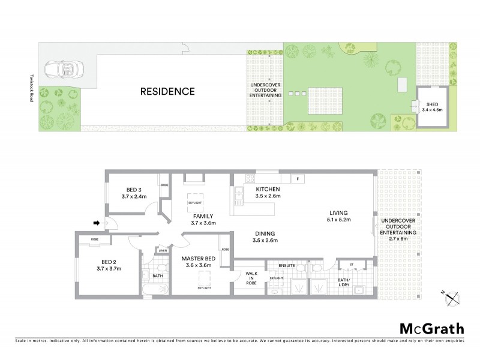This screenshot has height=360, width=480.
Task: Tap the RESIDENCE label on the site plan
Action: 167,92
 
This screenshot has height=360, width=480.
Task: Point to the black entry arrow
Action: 96,224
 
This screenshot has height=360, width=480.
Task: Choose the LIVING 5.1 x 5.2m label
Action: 338,216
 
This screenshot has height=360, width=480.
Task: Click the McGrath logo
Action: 431,328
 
